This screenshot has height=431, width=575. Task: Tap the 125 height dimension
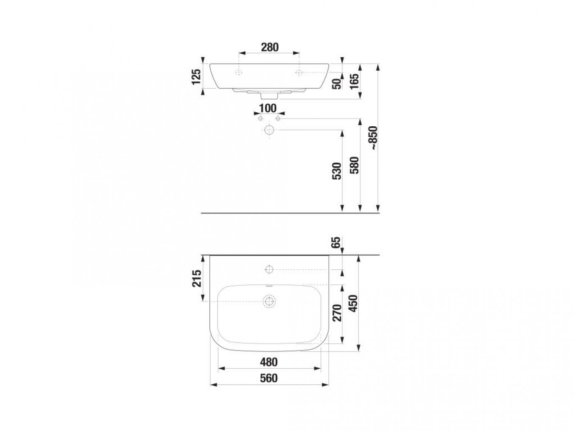(x=196, y=77)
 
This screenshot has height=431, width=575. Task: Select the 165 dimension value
(x=354, y=81)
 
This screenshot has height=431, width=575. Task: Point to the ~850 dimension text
(x=373, y=138)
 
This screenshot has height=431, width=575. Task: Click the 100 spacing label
(x=268, y=108)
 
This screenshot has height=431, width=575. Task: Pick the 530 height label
(x=337, y=171)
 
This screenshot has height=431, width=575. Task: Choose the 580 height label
(x=354, y=165)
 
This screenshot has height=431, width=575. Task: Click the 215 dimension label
(x=196, y=278)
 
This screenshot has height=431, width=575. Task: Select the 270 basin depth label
(x=337, y=313)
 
